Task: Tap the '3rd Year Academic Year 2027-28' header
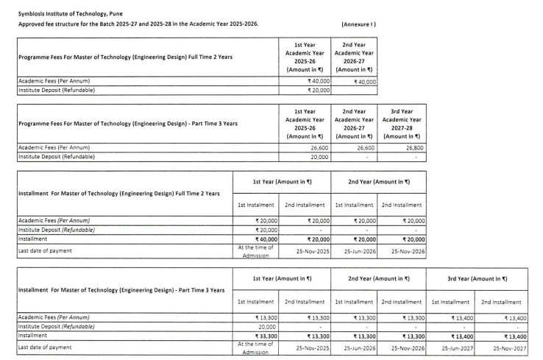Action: pyautogui.click(x=402, y=123)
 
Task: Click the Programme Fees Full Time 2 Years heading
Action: pyautogui.click(x=137, y=60)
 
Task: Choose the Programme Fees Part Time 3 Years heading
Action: pyautogui.click(x=132, y=123)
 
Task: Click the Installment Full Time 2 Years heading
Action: pyautogui.click(x=118, y=193)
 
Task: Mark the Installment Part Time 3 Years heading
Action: pyautogui.click(x=121, y=289)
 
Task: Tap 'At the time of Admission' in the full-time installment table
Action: pyautogui.click(x=256, y=250)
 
